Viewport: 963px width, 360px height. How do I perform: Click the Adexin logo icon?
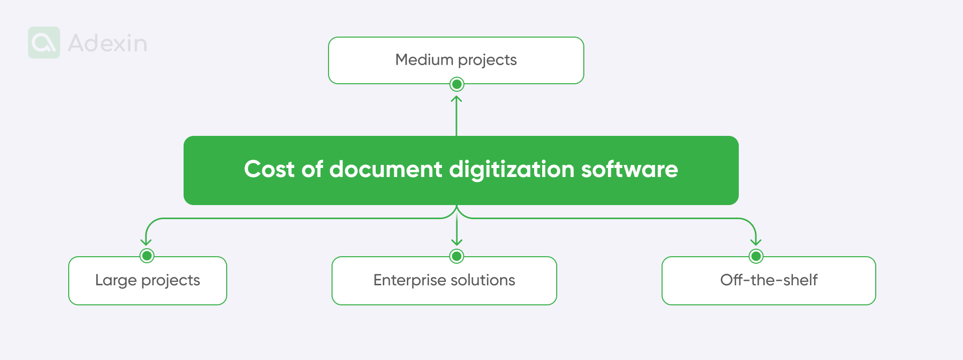pyautogui.click(x=44, y=43)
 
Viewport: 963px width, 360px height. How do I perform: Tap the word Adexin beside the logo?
pyautogui.click(x=107, y=43)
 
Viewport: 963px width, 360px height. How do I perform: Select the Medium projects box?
pyautogui.click(x=456, y=60)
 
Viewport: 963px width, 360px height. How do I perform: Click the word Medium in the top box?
pyautogui.click(x=424, y=60)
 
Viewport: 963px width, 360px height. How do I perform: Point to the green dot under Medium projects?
pyautogui.click(x=456, y=84)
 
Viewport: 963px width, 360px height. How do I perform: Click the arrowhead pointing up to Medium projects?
pyautogui.click(x=456, y=99)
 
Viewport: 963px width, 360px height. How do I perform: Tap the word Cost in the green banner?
pyautogui.click(x=269, y=169)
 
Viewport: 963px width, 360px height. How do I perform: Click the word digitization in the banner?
pyautogui.click(x=511, y=169)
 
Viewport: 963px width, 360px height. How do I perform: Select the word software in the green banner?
pyautogui.click(x=629, y=169)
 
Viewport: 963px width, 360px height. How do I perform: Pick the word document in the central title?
pyautogui.click(x=386, y=169)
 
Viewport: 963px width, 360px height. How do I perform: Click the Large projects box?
pyautogui.click(x=147, y=280)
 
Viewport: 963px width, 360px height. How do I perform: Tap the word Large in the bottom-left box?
pyautogui.click(x=116, y=280)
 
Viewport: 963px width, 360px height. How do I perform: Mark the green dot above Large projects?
pyautogui.click(x=147, y=256)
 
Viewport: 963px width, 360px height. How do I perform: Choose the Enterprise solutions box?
pyautogui.click(x=444, y=280)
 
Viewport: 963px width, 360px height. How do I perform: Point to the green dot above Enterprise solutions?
pyautogui.click(x=456, y=256)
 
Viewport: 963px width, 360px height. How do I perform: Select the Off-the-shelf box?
pyautogui.click(x=768, y=280)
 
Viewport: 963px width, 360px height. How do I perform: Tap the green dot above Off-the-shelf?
pyautogui.click(x=756, y=256)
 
